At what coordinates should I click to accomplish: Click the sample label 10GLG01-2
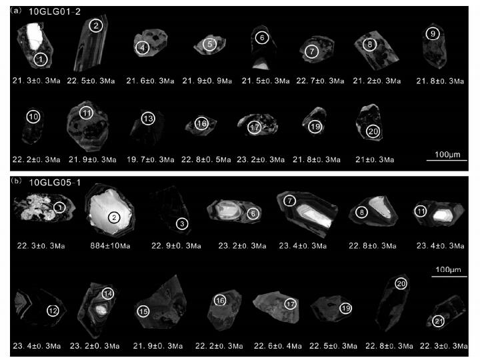point(55,11)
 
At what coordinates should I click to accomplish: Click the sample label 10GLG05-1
point(55,183)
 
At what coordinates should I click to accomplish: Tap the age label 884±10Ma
point(110,246)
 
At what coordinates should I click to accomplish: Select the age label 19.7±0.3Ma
point(150,159)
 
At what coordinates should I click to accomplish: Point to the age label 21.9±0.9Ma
point(207,81)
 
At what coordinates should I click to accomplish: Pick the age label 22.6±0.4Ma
point(277,346)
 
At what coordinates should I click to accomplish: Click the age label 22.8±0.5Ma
point(206,159)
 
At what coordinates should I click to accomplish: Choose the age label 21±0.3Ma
point(375,159)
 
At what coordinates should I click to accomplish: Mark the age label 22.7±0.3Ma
point(320,81)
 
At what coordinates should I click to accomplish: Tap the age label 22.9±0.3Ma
point(176,246)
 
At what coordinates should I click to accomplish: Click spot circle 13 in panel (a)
point(148,119)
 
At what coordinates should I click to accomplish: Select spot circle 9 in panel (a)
point(433,34)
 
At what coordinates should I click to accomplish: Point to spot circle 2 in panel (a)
point(96,26)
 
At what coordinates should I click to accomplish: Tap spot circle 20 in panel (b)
point(401,284)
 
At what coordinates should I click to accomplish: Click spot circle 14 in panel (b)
point(108,294)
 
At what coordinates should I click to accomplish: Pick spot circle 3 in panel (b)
point(182,224)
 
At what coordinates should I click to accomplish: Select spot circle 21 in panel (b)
point(439,321)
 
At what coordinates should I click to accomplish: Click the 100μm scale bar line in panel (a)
point(447,160)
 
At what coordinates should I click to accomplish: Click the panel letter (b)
point(16,181)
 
